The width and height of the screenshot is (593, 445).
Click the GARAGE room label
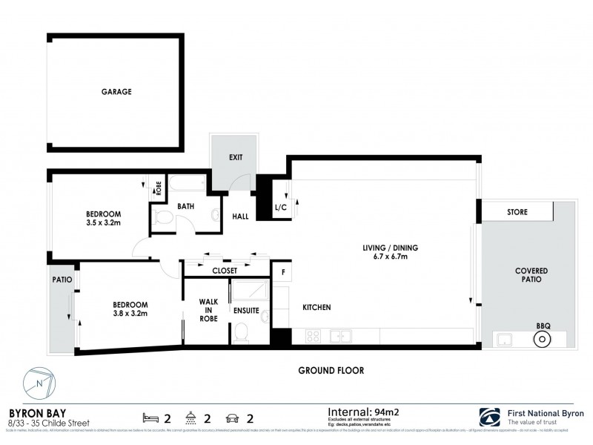pos(116,93)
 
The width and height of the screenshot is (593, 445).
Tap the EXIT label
pos(236,157)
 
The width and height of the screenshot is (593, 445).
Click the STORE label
pos(517,212)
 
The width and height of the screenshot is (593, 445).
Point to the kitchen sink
pos(340,336)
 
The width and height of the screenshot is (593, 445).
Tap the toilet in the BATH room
pos(165,217)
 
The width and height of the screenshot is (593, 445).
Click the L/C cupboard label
pos(281,208)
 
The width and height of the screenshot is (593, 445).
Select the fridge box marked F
pos(282,272)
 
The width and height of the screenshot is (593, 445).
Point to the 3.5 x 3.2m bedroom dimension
pos(103,221)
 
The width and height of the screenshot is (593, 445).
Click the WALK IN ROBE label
pos(207,310)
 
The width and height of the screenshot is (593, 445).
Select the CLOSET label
pos(224,271)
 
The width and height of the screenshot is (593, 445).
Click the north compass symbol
pos(40,384)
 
